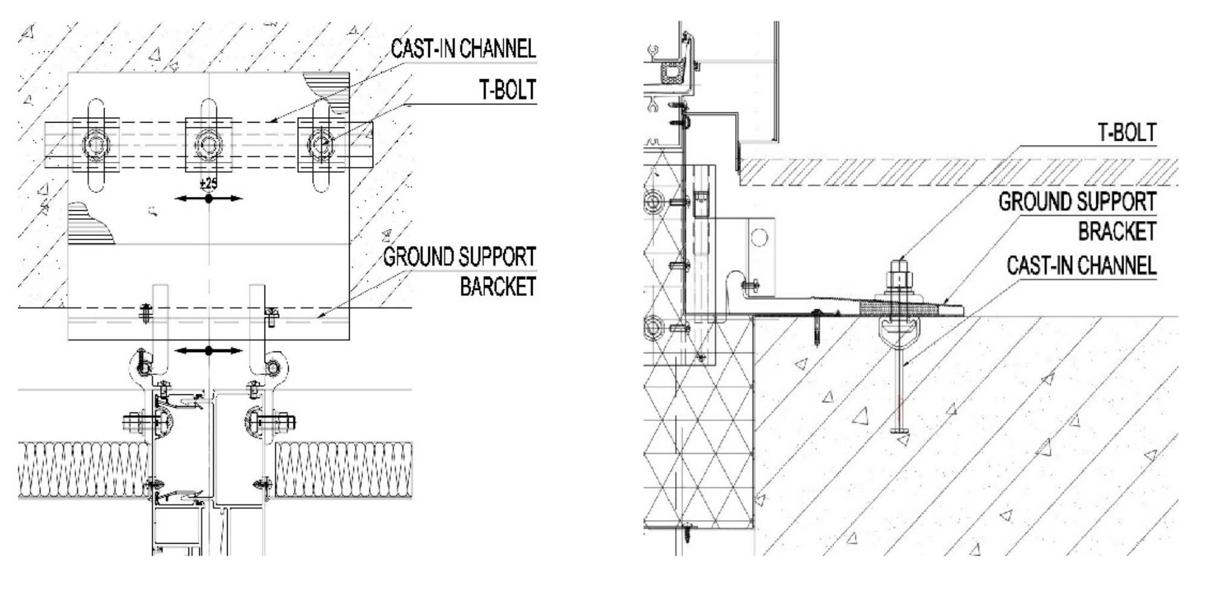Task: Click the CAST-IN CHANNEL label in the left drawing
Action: pos(463,49)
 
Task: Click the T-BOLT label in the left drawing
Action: pos(507,90)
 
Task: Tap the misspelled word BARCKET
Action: pos(498,286)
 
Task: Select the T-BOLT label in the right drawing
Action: pos(1126,132)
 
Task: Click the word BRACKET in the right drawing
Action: pos(1117,231)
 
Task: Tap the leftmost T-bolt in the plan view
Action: pos(96,145)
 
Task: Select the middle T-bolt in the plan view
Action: pos(208,145)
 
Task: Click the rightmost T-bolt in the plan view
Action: pos(321,145)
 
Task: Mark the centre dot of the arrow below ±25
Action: pos(208,198)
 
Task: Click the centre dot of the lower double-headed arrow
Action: pos(208,350)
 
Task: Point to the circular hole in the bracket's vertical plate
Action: pos(759,237)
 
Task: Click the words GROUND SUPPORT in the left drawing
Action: pos(460,257)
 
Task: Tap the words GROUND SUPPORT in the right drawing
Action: pos(1077,202)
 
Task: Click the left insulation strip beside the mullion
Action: pos(83,470)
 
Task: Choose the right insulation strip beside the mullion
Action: pos(343,470)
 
